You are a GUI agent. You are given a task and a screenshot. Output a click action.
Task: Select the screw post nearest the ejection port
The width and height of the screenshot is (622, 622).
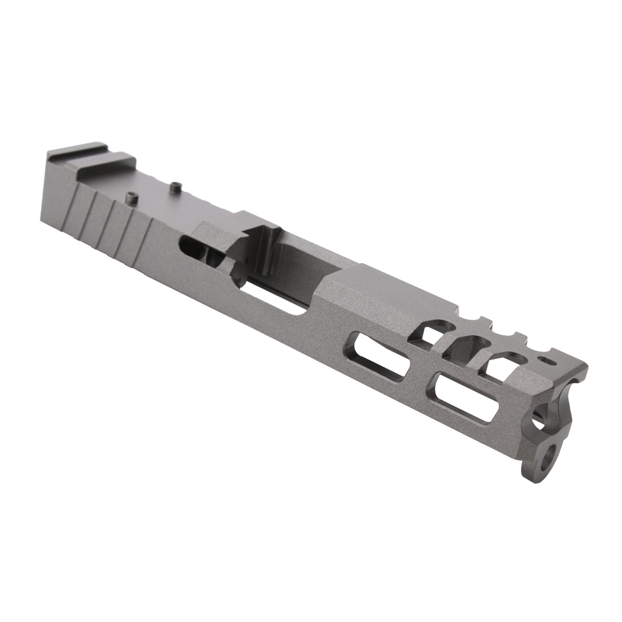(176, 185)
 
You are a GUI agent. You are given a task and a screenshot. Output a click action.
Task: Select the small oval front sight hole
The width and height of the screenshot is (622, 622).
(550, 360)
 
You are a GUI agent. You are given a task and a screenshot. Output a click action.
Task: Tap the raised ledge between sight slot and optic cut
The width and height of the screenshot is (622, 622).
(103, 167)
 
